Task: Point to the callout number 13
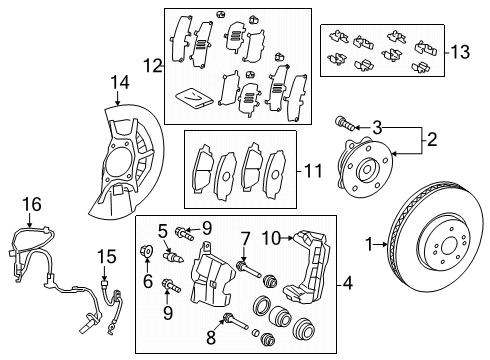click(460, 52)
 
